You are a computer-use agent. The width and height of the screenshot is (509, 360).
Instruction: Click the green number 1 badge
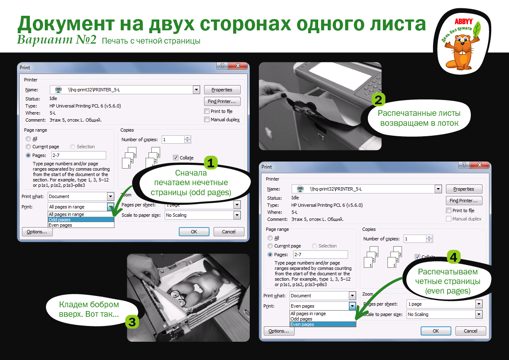211,163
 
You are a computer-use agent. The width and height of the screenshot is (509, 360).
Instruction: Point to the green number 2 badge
378,100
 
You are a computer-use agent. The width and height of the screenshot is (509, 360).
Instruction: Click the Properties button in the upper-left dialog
222,90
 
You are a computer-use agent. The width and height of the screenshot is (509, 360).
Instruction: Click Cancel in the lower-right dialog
470,331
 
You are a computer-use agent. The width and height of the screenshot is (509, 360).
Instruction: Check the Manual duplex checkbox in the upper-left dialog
207,120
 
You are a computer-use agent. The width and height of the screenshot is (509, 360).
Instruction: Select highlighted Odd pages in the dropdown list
81,220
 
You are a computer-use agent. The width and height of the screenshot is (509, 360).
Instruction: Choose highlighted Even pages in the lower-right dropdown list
323,324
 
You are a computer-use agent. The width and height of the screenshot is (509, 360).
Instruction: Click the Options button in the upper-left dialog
37,232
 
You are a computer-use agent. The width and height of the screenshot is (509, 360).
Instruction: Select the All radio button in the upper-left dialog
28,139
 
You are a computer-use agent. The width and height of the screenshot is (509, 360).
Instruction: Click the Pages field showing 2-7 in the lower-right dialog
320,255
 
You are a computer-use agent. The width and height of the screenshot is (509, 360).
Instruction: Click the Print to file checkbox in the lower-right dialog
448,211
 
